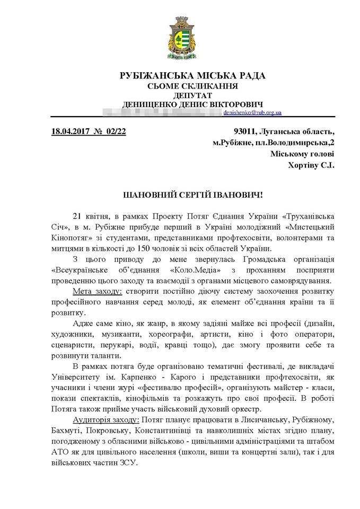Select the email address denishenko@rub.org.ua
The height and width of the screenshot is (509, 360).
click(x=252, y=112)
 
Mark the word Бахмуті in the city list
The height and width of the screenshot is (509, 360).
click(x=69, y=430)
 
